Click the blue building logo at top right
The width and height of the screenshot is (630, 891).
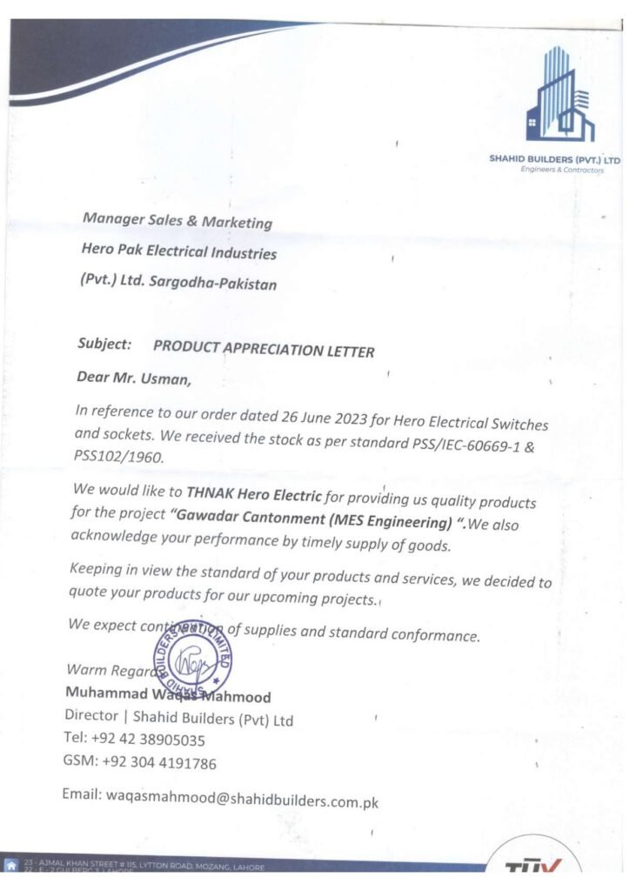pos(560,96)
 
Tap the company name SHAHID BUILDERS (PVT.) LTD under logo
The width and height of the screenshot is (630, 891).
pos(555,160)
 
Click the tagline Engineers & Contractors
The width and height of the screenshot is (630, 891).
pos(562,170)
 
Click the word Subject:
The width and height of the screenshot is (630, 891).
pos(104,344)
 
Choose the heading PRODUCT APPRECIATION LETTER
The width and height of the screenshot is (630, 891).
pos(264,350)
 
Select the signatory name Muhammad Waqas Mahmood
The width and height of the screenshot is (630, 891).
pos(168,695)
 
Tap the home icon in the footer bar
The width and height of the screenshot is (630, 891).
pos(11,866)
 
